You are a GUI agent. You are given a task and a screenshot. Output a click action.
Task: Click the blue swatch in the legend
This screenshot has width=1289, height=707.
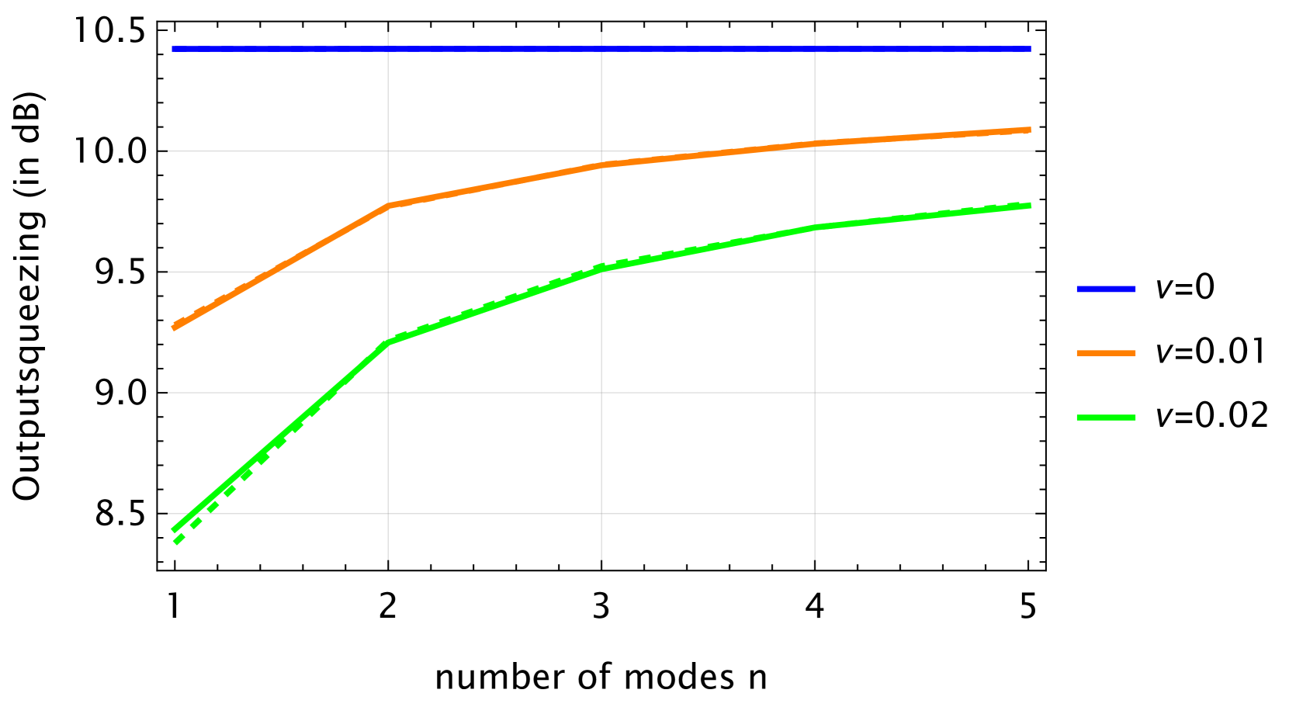pos(1106,289)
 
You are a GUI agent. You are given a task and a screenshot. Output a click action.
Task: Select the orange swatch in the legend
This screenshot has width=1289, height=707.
pos(1106,353)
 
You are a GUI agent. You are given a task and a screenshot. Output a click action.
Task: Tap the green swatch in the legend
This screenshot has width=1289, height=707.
pos(1106,418)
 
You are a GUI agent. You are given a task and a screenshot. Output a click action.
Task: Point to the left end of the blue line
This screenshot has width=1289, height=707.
pos(173,49)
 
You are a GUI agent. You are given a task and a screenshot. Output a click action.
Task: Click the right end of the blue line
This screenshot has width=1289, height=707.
pos(1031,49)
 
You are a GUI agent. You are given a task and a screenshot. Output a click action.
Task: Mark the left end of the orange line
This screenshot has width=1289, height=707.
pos(173,328)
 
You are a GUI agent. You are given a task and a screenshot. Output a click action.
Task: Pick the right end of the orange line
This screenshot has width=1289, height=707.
pos(1030,130)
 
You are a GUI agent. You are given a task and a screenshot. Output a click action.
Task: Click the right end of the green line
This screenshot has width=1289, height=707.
pos(1030,206)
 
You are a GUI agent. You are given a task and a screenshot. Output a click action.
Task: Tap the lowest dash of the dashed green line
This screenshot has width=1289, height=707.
pos(178,539)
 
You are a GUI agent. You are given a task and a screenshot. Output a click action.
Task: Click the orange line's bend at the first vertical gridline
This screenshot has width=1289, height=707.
pos(388,206)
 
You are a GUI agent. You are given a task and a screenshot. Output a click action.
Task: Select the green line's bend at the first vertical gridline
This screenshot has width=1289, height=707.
pos(388,342)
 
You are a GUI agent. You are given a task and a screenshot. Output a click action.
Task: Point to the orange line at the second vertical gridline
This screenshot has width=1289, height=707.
pos(601,165)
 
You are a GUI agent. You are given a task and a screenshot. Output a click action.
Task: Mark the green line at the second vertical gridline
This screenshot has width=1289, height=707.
pos(601,268)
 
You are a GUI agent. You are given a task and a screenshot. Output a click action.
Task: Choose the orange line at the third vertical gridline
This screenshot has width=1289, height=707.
pos(815,144)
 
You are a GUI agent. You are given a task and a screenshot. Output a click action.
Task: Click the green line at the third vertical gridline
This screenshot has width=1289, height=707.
pos(815,227)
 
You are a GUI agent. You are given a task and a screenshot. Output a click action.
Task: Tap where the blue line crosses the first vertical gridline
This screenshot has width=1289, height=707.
pos(388,49)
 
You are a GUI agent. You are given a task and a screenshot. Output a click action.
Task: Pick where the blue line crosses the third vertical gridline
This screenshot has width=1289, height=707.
pos(815,49)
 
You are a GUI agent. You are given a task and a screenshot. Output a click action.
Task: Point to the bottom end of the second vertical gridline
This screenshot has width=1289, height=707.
pos(601,559)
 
